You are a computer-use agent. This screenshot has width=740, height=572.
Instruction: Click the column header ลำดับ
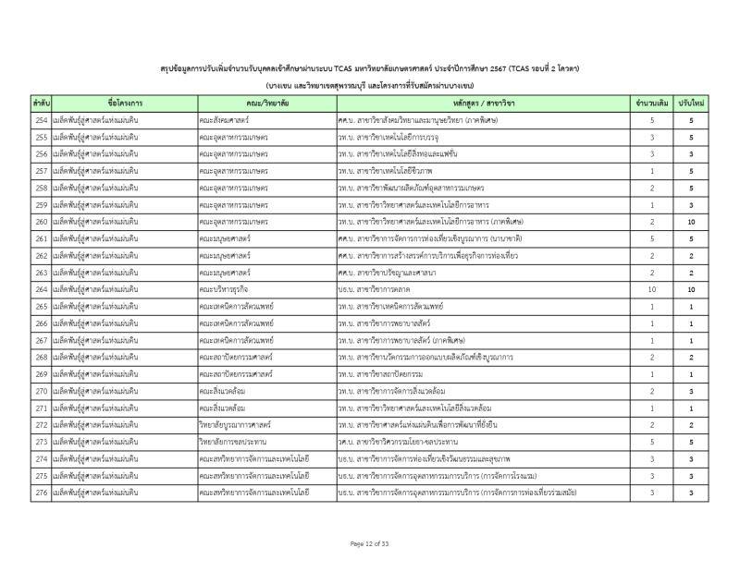click(41, 103)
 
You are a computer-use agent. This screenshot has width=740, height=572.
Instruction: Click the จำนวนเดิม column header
click(652, 103)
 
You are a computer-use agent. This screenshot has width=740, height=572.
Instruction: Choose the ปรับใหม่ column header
click(691, 103)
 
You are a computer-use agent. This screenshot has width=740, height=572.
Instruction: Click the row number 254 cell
click(41, 120)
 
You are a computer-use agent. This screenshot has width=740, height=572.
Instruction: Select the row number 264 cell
click(41, 289)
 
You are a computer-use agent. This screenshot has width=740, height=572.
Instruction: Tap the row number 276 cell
click(41, 493)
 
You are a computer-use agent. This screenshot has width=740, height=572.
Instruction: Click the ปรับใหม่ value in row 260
click(691, 222)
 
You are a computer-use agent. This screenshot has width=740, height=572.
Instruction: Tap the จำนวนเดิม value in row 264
click(652, 289)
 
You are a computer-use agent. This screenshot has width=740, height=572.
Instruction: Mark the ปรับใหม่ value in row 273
click(691, 442)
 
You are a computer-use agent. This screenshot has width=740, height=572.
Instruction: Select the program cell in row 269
click(389, 374)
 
